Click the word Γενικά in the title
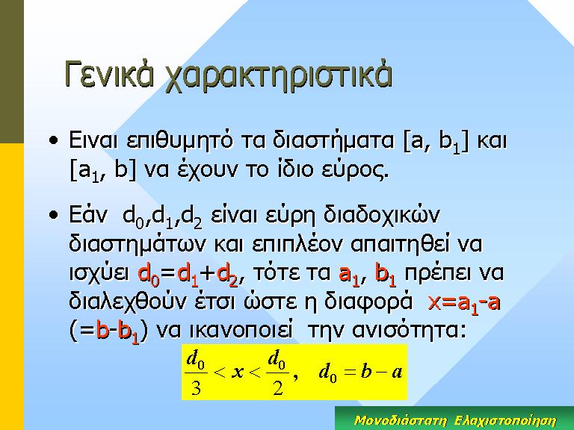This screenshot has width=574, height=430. click(108, 74)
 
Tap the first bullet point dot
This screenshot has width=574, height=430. click(54, 140)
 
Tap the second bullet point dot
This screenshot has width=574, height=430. click(54, 215)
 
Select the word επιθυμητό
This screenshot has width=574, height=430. click(179, 141)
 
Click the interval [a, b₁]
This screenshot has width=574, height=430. click(436, 142)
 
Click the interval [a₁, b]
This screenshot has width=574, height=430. click(103, 170)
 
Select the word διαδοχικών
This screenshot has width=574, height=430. click(381, 216)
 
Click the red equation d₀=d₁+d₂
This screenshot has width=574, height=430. click(188, 274)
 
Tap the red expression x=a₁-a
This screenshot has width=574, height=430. click(464, 304)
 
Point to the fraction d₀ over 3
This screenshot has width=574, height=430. click(196, 373)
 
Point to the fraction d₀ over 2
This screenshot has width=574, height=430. click(277, 373)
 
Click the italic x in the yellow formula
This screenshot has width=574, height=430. click(238, 373)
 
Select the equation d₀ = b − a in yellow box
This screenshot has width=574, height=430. click(361, 373)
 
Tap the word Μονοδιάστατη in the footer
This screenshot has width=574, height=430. click(401, 420)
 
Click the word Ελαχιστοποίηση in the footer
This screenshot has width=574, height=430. click(505, 420)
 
